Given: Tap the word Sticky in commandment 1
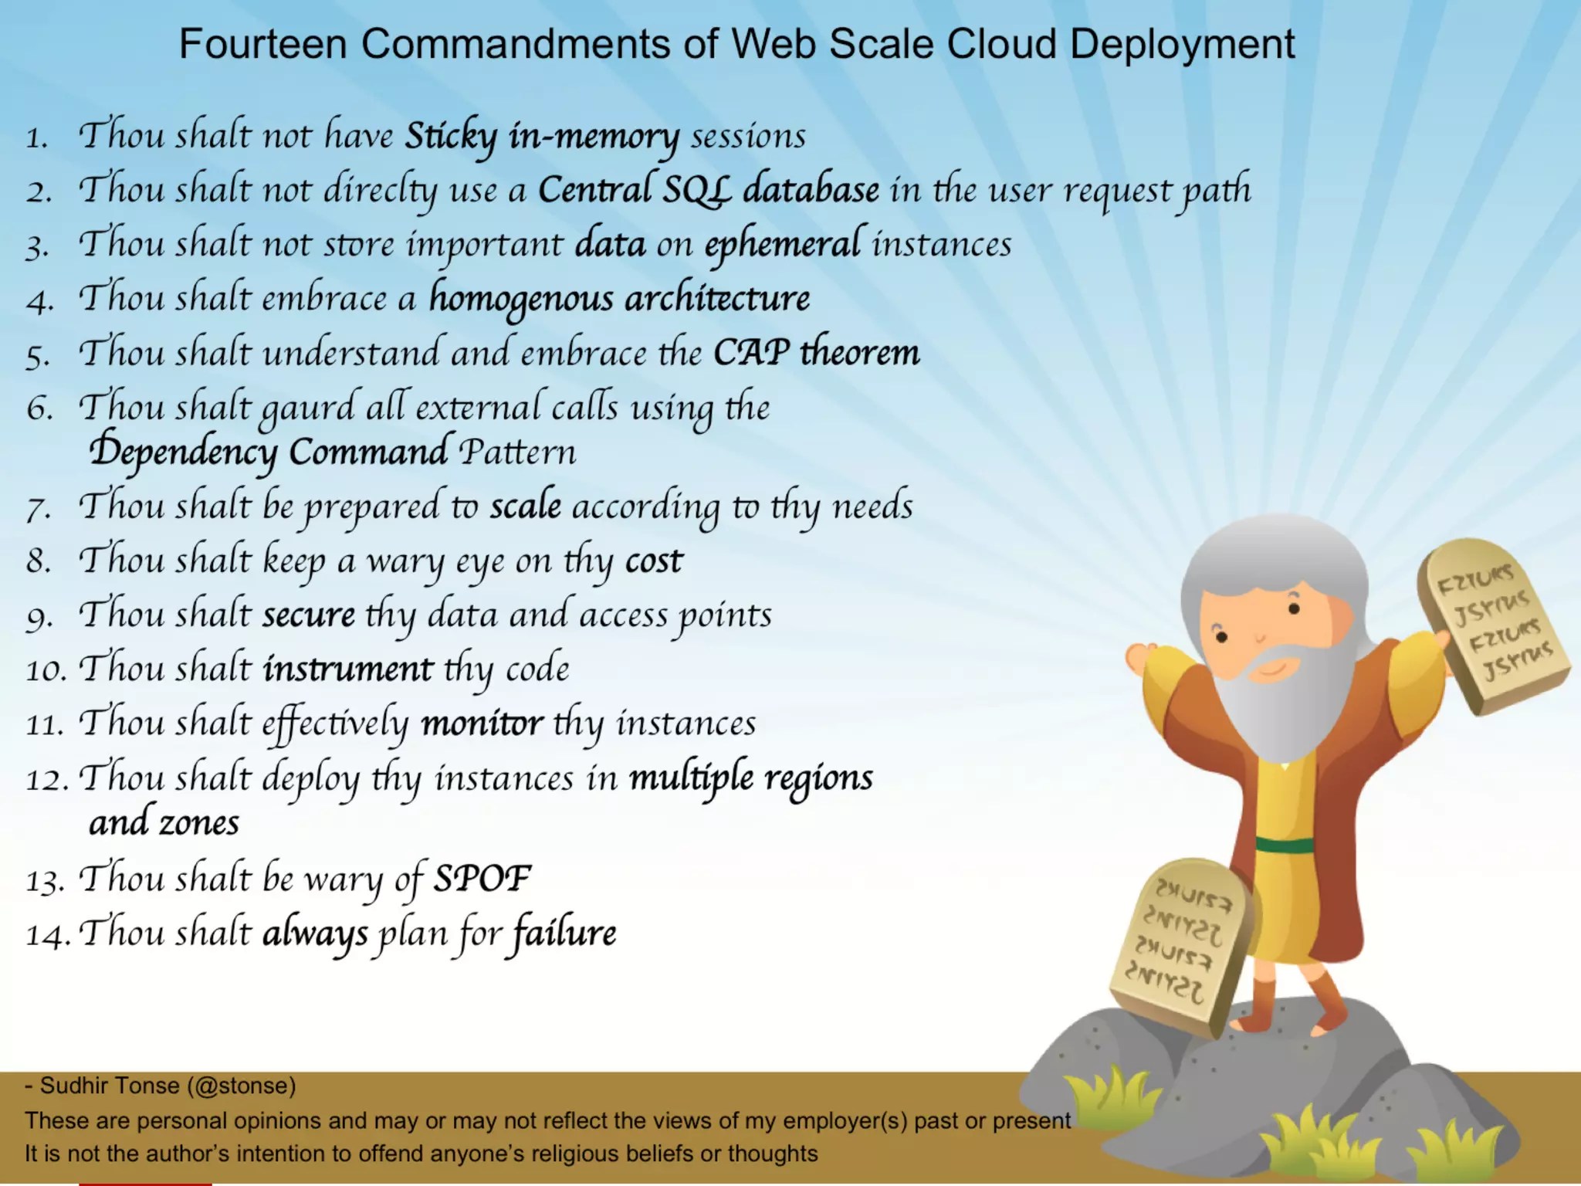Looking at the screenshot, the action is [451, 137].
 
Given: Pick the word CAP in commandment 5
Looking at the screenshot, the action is [751, 352].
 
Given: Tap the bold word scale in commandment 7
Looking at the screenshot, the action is [526, 506].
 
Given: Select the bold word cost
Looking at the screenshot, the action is [654, 561].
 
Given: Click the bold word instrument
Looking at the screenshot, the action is [347, 669].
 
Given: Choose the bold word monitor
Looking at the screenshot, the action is [482, 723].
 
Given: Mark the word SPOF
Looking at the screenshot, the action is [482, 879].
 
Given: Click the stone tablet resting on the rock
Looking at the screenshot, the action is [1176, 945].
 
